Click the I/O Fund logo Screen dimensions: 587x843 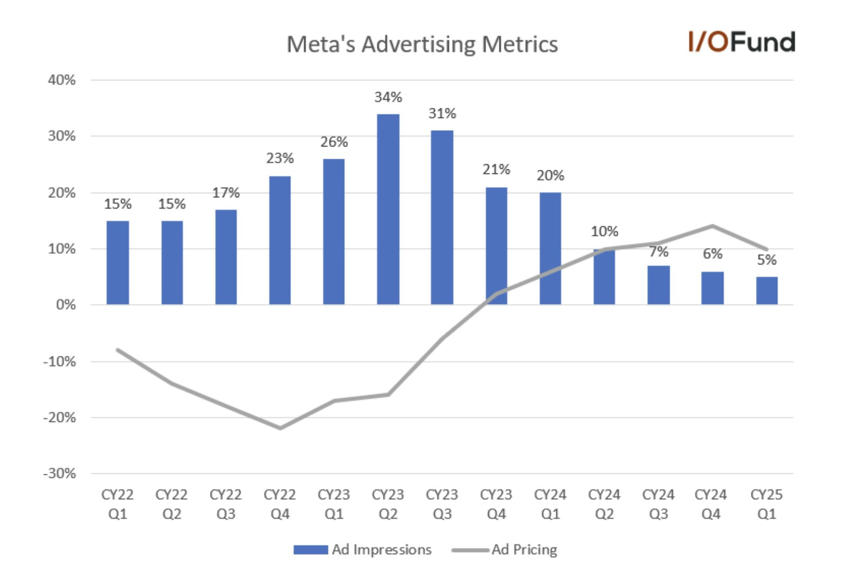coord(741,42)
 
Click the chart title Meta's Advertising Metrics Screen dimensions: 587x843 coord(421,44)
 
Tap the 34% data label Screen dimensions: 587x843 coord(388,97)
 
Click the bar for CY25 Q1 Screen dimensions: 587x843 coord(766,290)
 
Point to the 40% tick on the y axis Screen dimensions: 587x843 coord(62,80)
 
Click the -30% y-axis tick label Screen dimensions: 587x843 coord(59,473)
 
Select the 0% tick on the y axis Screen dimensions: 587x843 coord(66,305)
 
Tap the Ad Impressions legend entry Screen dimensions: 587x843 coord(363,550)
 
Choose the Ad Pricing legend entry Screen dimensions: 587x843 coord(505,550)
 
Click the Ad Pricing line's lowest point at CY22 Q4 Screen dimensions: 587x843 coord(280,428)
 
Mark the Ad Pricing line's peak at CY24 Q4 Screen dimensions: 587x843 coord(712,226)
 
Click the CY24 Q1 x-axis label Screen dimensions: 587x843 coord(550,504)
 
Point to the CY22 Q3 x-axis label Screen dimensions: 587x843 coord(225,504)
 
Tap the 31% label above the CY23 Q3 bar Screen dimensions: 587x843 coord(442,114)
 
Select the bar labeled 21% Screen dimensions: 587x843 coord(496,246)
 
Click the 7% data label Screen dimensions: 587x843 coord(658,252)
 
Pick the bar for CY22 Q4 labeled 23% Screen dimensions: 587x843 coord(280,240)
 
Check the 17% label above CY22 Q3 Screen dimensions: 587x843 coord(225,193)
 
